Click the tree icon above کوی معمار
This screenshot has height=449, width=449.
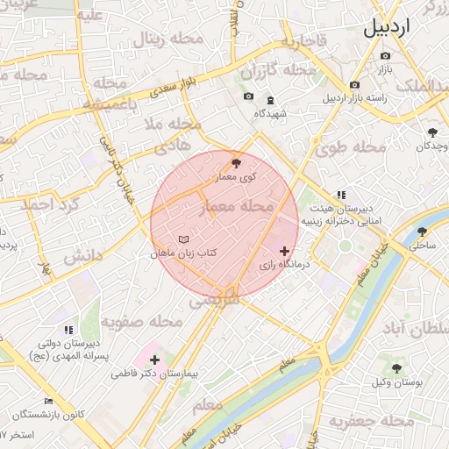[235, 162]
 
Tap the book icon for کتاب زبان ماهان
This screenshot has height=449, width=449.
[182, 239]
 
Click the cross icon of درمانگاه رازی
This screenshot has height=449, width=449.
[283, 251]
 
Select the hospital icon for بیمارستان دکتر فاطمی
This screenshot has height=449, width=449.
[155, 360]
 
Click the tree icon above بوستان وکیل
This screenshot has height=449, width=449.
[397, 368]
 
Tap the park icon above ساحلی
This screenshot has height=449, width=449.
[423, 232]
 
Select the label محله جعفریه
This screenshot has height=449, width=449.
[372, 422]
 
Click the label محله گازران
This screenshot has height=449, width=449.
[279, 69]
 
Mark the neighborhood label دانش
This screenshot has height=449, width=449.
[83, 257]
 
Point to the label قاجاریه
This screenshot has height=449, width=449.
[304, 40]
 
